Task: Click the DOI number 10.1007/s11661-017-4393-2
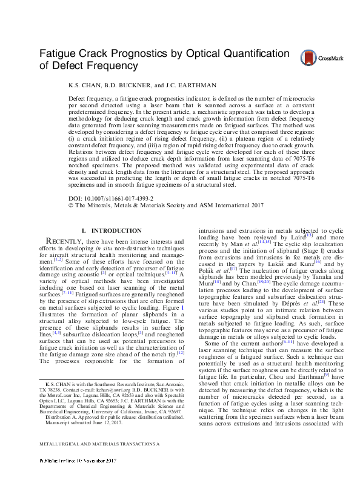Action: (x=124, y=198)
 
